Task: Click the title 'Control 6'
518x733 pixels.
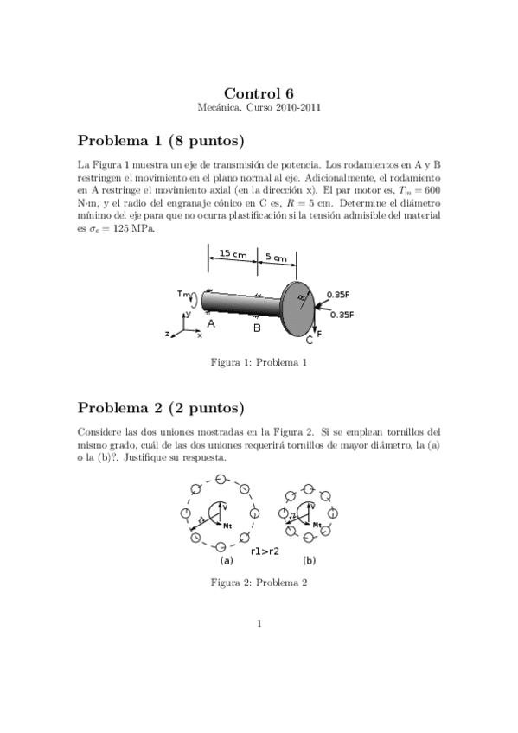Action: (x=259, y=93)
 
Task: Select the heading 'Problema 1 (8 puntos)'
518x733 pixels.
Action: (x=161, y=140)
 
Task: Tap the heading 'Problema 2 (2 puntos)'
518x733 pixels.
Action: (x=161, y=407)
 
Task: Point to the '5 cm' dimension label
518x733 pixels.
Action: (x=278, y=257)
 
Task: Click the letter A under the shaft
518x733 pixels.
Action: (x=210, y=323)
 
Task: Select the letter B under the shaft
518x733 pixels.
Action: (x=256, y=328)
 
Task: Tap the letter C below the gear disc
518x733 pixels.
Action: (x=309, y=341)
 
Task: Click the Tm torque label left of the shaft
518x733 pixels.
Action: (x=183, y=294)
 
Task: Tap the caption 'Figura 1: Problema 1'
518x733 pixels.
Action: (x=259, y=362)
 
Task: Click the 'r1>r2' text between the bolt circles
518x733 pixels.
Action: (x=265, y=551)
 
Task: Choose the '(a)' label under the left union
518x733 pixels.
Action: (x=227, y=560)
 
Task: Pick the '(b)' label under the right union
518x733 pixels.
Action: (x=309, y=560)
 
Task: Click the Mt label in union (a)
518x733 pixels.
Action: (x=228, y=525)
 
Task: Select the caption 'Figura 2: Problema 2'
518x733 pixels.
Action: (x=259, y=582)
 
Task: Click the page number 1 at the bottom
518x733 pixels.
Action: (x=259, y=623)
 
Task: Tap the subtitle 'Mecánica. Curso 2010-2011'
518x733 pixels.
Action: (x=259, y=107)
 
